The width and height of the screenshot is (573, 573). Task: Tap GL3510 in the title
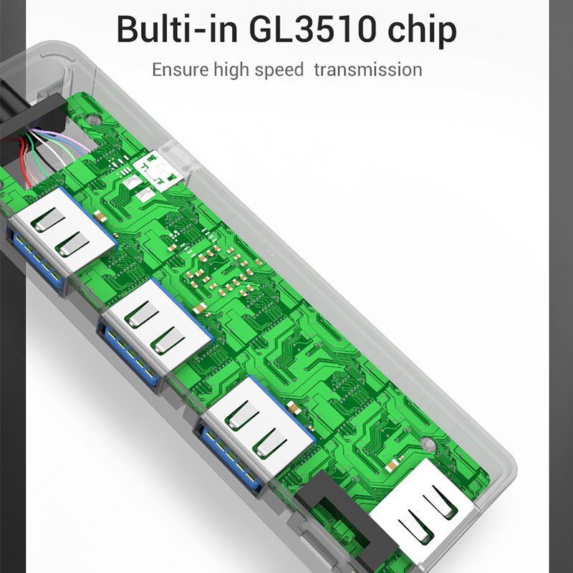[x=312, y=29]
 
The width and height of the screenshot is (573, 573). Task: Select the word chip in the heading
[x=422, y=31]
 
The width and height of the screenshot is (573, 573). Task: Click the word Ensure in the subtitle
[x=180, y=69]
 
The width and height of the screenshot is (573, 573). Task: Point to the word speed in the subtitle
[x=279, y=70]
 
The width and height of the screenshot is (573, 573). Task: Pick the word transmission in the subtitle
[x=368, y=69]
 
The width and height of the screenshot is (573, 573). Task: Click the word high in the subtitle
[x=231, y=70]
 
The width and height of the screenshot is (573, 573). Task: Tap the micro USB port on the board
[x=158, y=170]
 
